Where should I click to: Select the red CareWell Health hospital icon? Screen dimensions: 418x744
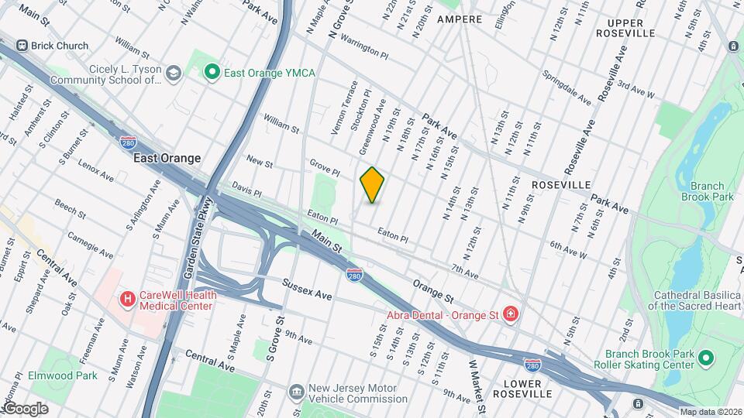click(126, 298)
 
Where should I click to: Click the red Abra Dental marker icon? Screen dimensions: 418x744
click(511, 314)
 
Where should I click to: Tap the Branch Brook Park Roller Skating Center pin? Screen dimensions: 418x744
click(705, 358)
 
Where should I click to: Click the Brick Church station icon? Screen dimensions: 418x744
click(22, 46)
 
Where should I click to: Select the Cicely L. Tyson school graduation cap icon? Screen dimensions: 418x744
click(174, 73)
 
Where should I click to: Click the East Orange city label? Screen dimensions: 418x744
click(167, 158)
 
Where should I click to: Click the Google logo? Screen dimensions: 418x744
click(26, 408)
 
